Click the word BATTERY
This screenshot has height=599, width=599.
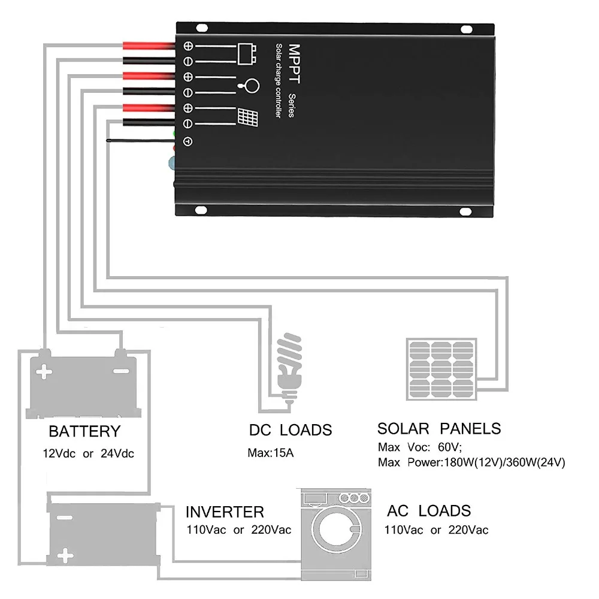coord(84,431)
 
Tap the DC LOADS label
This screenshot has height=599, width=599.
coord(291,430)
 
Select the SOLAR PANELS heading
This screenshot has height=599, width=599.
coord(439,429)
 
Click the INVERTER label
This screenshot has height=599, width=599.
coord(225,512)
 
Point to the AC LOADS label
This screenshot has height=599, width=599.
coord(429,511)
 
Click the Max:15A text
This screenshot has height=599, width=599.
coord(271,453)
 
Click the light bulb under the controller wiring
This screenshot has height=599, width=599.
coord(290,366)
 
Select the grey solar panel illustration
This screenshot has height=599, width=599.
coord(441,369)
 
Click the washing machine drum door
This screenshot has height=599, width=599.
coord(336,530)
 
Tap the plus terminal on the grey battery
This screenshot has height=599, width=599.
coord(44,371)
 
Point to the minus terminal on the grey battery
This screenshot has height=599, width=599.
coord(121,371)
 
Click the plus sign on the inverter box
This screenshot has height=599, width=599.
coord(65,555)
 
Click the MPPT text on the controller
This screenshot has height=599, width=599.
coord(294,63)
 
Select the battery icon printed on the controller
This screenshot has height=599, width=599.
coord(247,53)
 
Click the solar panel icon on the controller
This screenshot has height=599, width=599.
coord(247,117)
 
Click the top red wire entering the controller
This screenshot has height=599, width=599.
coord(149,46)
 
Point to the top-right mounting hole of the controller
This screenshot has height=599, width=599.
coord(467,29)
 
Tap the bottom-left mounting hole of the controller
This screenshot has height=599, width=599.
coord(201,210)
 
